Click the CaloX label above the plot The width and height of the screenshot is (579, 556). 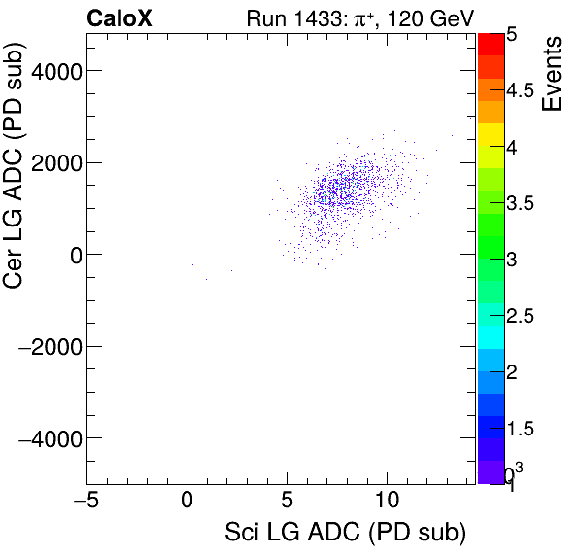coord(119,17)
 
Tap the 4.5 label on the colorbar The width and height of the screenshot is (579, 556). coord(521,91)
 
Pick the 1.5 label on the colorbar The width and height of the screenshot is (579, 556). coord(521,429)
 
